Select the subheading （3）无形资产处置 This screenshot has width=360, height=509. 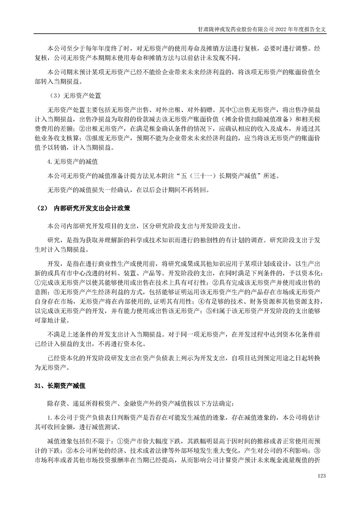(75, 97)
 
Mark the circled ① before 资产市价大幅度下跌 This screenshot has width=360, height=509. (120, 439)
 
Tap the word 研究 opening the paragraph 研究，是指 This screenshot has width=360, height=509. (53, 240)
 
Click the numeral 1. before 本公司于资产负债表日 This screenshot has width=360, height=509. (50, 417)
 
